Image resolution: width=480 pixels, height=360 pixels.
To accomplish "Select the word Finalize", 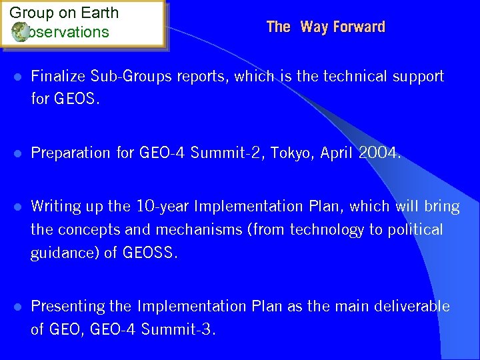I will pyautogui.click(x=58, y=77).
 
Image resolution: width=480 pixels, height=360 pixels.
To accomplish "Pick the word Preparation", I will pyautogui.click(x=73, y=153).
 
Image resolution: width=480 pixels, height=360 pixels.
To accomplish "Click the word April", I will pyautogui.click(x=337, y=153).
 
